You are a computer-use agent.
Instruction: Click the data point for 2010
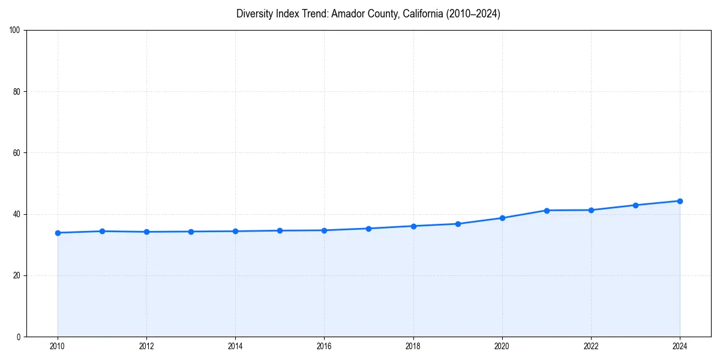pyautogui.click(x=58, y=233)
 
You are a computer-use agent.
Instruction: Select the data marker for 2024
pyautogui.click(x=680, y=201)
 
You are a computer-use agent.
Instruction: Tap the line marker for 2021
pyautogui.click(x=547, y=211)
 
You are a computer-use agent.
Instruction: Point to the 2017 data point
pyautogui.click(x=369, y=229)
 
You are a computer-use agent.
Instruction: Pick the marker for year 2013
pyautogui.click(x=191, y=232)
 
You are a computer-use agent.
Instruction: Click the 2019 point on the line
pyautogui.click(x=458, y=224)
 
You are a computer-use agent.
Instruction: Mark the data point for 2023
pyautogui.click(x=635, y=205)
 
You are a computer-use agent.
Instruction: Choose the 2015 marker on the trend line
pyautogui.click(x=280, y=230)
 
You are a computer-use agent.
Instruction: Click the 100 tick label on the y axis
pyautogui.click(x=15, y=31)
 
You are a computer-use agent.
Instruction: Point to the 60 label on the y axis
pyautogui.click(x=17, y=153)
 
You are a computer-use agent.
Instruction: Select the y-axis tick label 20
pyautogui.click(x=17, y=275)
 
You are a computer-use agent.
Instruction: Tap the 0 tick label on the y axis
pyautogui.click(x=19, y=337)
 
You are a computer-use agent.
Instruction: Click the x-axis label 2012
pyautogui.click(x=146, y=346)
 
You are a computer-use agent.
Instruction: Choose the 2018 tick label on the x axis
pyautogui.click(x=413, y=346)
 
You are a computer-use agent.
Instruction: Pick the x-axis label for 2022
pyautogui.click(x=591, y=346)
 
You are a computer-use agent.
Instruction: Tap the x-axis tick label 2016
pyautogui.click(x=324, y=346)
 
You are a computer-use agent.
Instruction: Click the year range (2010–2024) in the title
pyautogui.click(x=473, y=14)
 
